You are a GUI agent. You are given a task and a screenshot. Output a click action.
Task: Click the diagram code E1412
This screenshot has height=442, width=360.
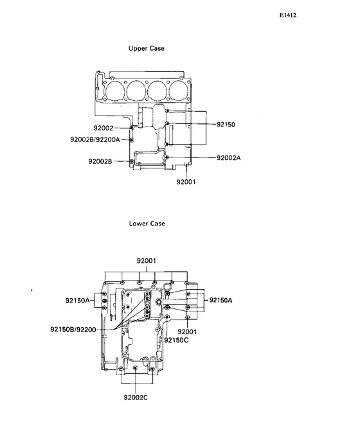point(288,15)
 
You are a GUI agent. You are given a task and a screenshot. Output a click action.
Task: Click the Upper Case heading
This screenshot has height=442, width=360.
point(146,48)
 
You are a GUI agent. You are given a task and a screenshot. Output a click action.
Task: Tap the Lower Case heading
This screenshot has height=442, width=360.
point(147,224)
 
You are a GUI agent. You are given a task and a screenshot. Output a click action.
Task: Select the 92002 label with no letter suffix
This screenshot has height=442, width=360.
point(104,128)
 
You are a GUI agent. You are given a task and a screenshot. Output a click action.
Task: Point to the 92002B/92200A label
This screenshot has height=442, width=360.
point(95,139)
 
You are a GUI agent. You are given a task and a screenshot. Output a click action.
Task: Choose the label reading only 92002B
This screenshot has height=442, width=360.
point(100,161)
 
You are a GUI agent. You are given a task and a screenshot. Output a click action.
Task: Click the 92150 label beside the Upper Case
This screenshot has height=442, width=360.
point(226,125)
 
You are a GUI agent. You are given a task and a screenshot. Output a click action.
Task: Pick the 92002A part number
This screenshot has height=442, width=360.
point(228,158)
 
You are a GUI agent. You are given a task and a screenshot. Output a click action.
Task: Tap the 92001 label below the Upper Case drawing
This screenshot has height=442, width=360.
point(186,182)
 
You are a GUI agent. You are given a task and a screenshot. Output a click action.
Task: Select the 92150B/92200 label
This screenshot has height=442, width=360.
point(73,329)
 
